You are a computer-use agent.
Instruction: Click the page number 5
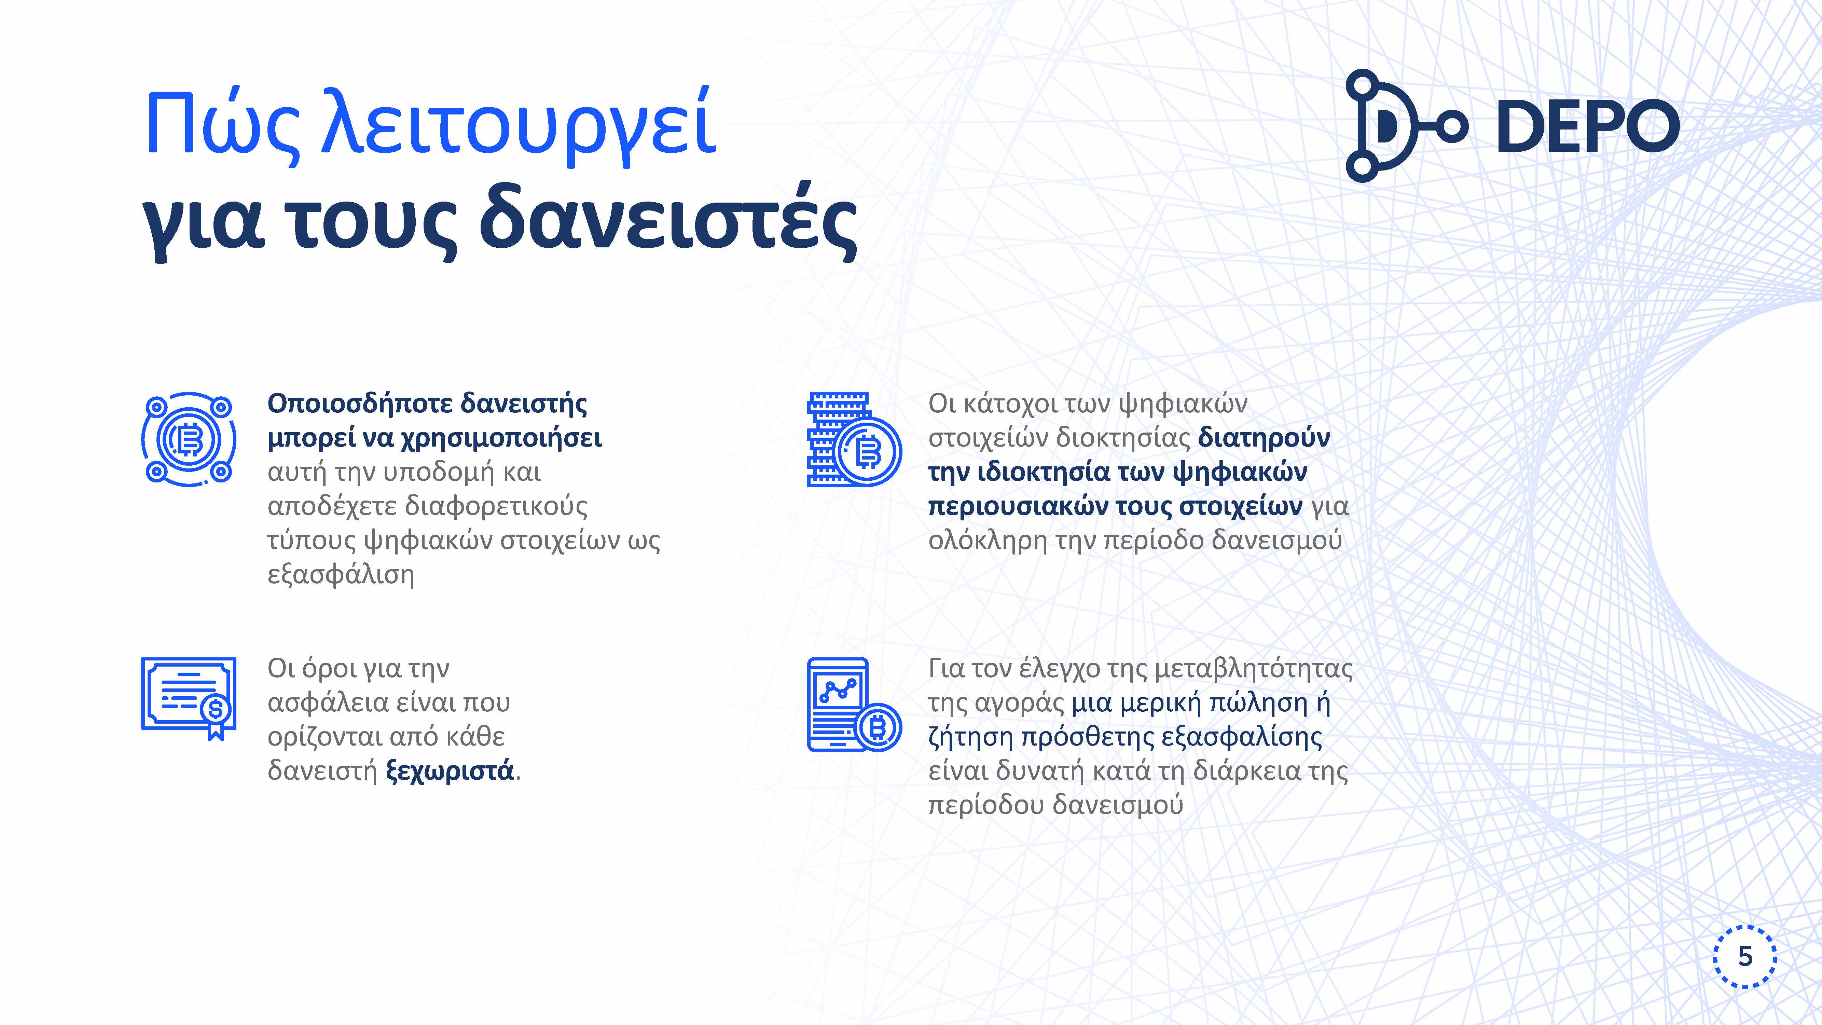[x=1745, y=956]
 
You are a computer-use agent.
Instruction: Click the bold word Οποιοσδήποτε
[x=359, y=404]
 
